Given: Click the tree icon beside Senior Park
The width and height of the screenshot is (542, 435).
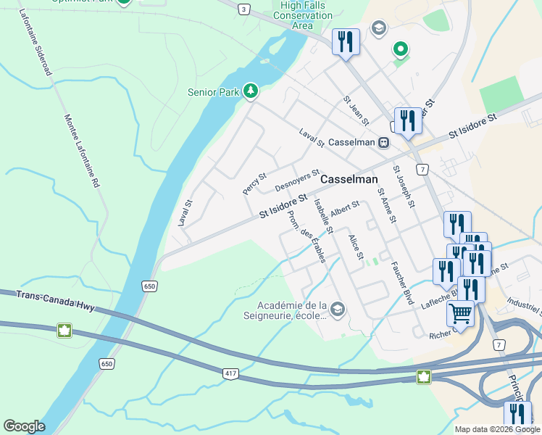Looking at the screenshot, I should (x=250, y=91).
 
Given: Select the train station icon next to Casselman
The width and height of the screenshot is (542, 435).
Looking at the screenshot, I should (x=383, y=143).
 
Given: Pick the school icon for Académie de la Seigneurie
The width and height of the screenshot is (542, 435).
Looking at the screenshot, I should (x=338, y=310).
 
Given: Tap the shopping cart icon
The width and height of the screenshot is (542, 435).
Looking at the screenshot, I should (x=461, y=313).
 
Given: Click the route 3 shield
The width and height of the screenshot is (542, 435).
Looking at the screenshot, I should (x=244, y=9).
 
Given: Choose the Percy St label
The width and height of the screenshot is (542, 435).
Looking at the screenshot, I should (x=254, y=183).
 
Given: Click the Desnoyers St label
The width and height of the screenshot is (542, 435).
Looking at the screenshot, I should (x=297, y=181).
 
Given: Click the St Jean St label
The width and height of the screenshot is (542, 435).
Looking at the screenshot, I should (x=357, y=110).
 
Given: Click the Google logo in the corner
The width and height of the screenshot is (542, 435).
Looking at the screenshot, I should (x=24, y=426).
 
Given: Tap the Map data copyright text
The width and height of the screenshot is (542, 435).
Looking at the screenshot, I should (x=497, y=429).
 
